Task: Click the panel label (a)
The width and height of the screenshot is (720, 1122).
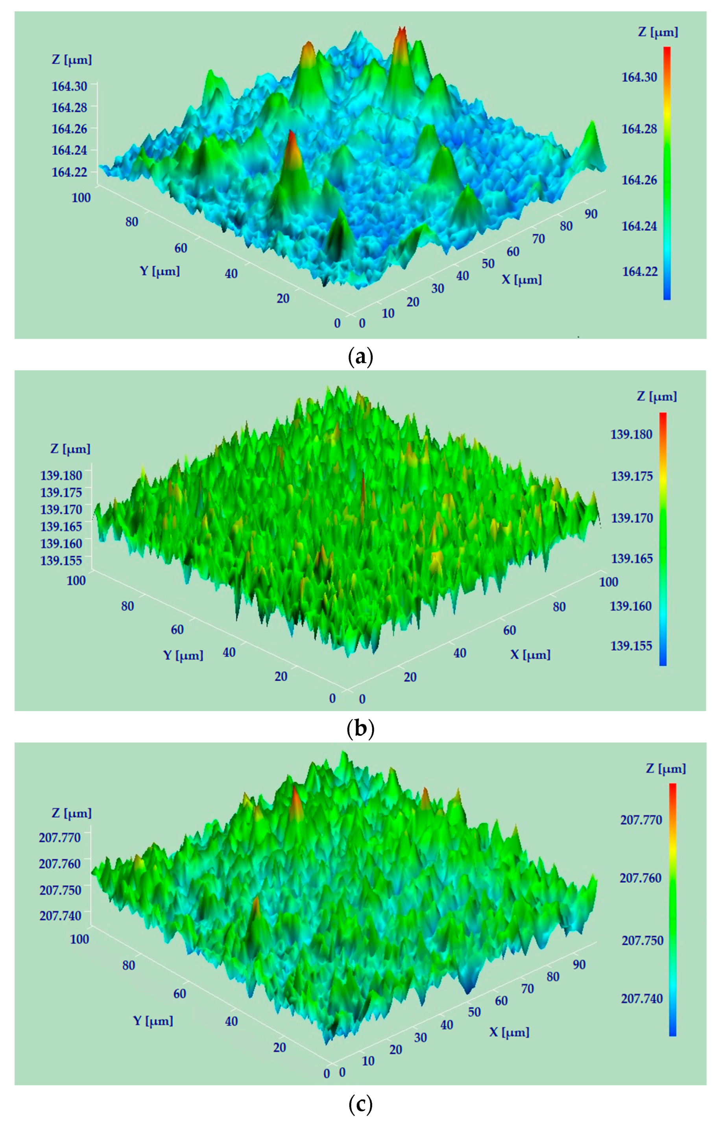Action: coord(360,358)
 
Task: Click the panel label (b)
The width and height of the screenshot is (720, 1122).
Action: coord(360,730)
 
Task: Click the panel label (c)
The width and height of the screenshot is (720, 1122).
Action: coord(360,1102)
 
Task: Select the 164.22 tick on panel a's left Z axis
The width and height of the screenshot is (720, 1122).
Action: coord(69,172)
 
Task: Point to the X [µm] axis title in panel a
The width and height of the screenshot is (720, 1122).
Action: coord(522,280)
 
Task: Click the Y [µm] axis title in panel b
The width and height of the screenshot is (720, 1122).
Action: coord(183,655)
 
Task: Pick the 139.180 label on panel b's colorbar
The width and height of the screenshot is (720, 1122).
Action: coord(631,435)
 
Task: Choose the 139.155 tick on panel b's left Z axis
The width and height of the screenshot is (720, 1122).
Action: coord(61,560)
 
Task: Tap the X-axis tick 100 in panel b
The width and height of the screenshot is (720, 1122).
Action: coord(608,582)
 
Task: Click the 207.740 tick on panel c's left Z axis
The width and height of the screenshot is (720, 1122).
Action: coord(60,916)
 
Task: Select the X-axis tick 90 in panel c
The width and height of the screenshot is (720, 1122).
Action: coord(579,964)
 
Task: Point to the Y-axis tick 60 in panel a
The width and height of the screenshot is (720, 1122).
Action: coord(181,248)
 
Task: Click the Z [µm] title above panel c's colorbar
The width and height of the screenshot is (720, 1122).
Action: coord(666,769)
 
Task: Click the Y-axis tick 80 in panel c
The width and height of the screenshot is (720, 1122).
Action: coord(129,965)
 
